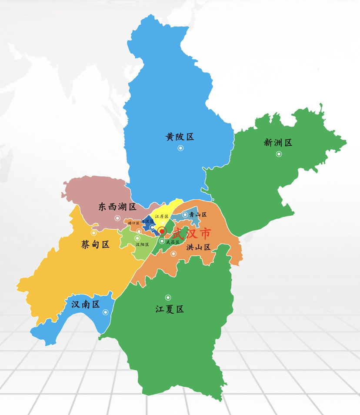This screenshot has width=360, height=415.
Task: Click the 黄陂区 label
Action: [179, 137]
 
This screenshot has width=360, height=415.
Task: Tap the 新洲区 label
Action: [278, 142]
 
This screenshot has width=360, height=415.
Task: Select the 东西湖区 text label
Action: [117, 207]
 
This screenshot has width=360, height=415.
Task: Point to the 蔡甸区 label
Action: [95, 244]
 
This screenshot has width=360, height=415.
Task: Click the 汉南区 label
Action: [86, 305]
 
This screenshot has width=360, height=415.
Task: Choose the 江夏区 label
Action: [170, 309]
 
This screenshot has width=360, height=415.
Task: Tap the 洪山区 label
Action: [198, 247]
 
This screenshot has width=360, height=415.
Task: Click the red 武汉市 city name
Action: [191, 234]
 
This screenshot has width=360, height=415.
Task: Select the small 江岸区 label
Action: [161, 216]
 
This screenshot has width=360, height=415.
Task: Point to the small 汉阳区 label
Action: [142, 245]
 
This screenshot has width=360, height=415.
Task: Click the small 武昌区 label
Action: [172, 242]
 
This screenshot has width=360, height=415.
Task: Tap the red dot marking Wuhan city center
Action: [162, 231]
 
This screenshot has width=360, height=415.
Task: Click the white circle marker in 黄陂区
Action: [180, 148]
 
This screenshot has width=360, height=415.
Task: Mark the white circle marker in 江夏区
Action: [168, 298]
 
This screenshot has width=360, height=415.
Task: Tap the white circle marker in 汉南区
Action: [105, 312]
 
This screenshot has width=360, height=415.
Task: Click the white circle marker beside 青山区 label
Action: [185, 214]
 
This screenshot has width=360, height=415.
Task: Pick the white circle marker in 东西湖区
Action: [117, 218]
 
